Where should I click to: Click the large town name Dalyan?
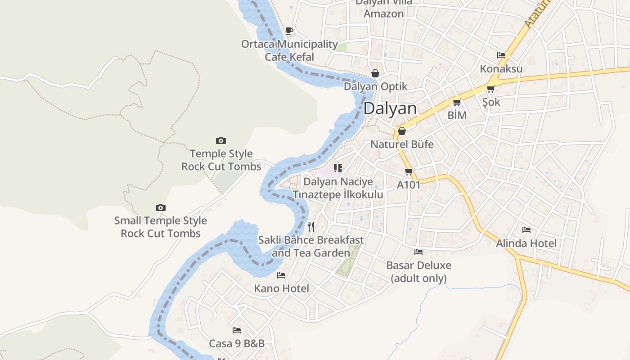click(390, 108)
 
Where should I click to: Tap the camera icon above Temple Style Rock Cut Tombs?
click(221, 141)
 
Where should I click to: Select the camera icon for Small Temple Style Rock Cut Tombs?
click(161, 208)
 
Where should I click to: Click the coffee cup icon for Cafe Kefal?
click(289, 31)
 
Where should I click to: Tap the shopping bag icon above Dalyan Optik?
click(375, 73)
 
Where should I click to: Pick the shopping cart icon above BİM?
click(457, 103)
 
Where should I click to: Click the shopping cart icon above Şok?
click(491, 89)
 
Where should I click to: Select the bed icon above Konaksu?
click(501, 56)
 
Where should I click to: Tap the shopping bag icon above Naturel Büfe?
click(402, 131)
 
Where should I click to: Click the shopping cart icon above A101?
click(409, 172)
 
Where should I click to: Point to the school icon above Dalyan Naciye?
click(338, 168)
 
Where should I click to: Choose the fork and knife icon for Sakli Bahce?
click(311, 227)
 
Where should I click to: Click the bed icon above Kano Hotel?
click(282, 275)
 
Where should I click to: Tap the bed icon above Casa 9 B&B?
click(237, 331)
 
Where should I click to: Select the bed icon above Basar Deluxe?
click(418, 252)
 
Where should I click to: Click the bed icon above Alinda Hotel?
click(526, 230)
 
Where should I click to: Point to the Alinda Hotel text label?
click(526, 243)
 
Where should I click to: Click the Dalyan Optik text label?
click(375, 86)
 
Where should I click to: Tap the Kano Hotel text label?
click(282, 288)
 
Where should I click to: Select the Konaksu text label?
click(501, 69)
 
